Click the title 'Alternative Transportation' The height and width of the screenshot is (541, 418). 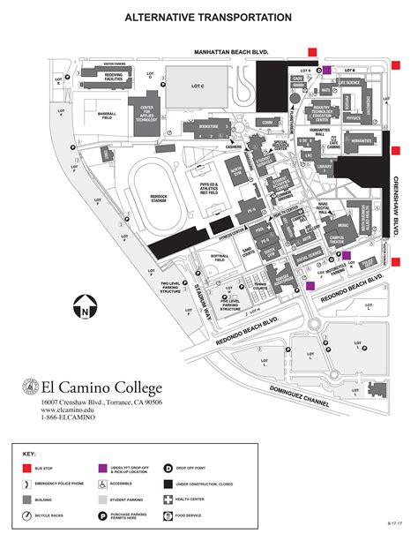[x=208, y=17]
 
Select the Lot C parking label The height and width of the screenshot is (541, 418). [x=198, y=86]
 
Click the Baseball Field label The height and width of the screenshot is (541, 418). [x=107, y=115]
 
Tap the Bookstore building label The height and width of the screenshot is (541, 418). [x=209, y=127]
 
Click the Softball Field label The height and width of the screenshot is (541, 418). [x=220, y=258]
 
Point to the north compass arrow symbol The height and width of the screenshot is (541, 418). [x=84, y=308]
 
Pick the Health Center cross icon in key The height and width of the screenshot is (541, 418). [x=168, y=500]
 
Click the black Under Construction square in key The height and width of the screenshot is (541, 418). [x=168, y=483]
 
